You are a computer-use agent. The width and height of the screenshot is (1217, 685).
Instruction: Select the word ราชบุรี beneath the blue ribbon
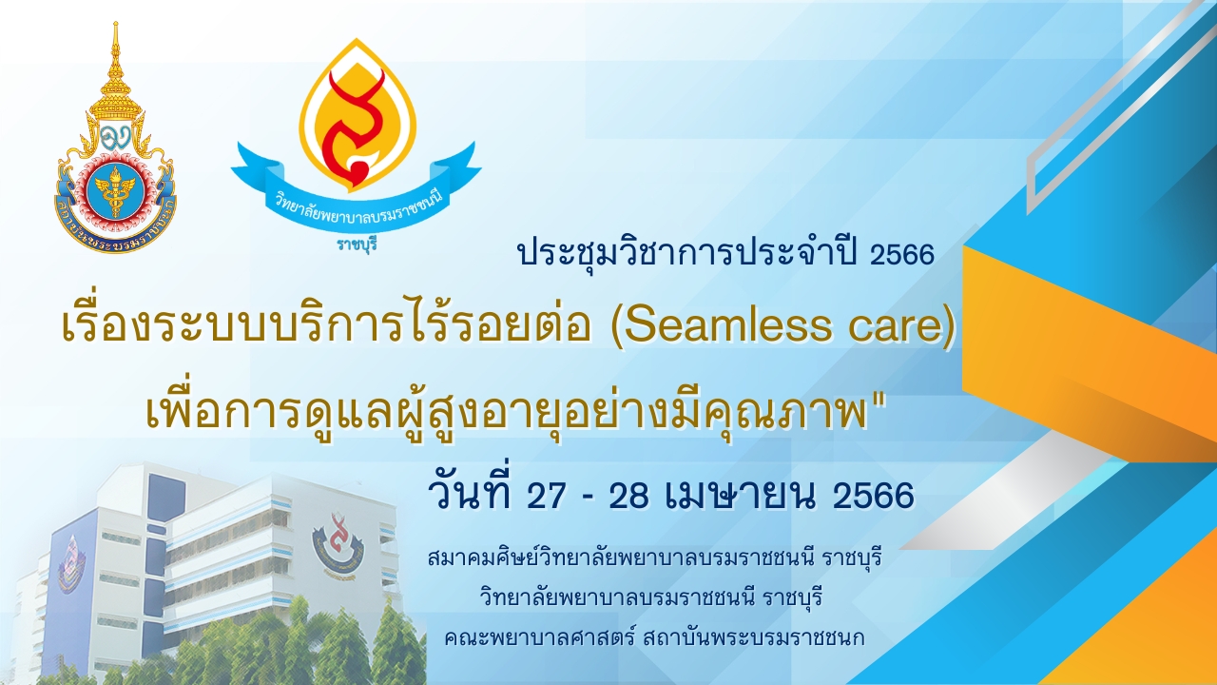pos(357,245)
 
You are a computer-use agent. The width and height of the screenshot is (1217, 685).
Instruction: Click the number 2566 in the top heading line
pos(902,254)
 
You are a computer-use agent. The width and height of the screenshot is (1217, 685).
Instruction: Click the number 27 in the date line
pos(546,496)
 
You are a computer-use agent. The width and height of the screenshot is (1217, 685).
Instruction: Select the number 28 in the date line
pos(629,496)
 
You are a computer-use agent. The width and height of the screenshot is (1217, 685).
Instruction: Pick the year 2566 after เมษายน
pos(873,496)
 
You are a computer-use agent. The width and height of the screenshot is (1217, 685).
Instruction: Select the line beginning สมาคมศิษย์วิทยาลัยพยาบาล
pos(654,558)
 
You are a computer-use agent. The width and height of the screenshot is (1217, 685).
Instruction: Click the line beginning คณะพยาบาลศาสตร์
pos(654,637)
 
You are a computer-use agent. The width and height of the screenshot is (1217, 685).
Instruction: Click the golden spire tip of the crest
pos(115,23)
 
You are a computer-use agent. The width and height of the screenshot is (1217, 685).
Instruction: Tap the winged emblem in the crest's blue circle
pos(115,187)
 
